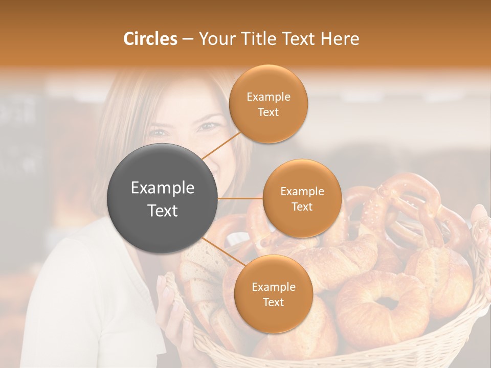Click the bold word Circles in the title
point(150,39)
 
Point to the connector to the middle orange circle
point(240,198)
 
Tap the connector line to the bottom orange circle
point(221,253)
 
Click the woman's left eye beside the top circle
point(208,126)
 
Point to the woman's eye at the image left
point(159,133)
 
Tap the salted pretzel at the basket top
point(409,204)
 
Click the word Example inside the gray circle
point(163,188)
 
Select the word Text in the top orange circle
point(268,112)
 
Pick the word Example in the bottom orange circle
point(273,287)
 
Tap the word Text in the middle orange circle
point(302,207)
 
